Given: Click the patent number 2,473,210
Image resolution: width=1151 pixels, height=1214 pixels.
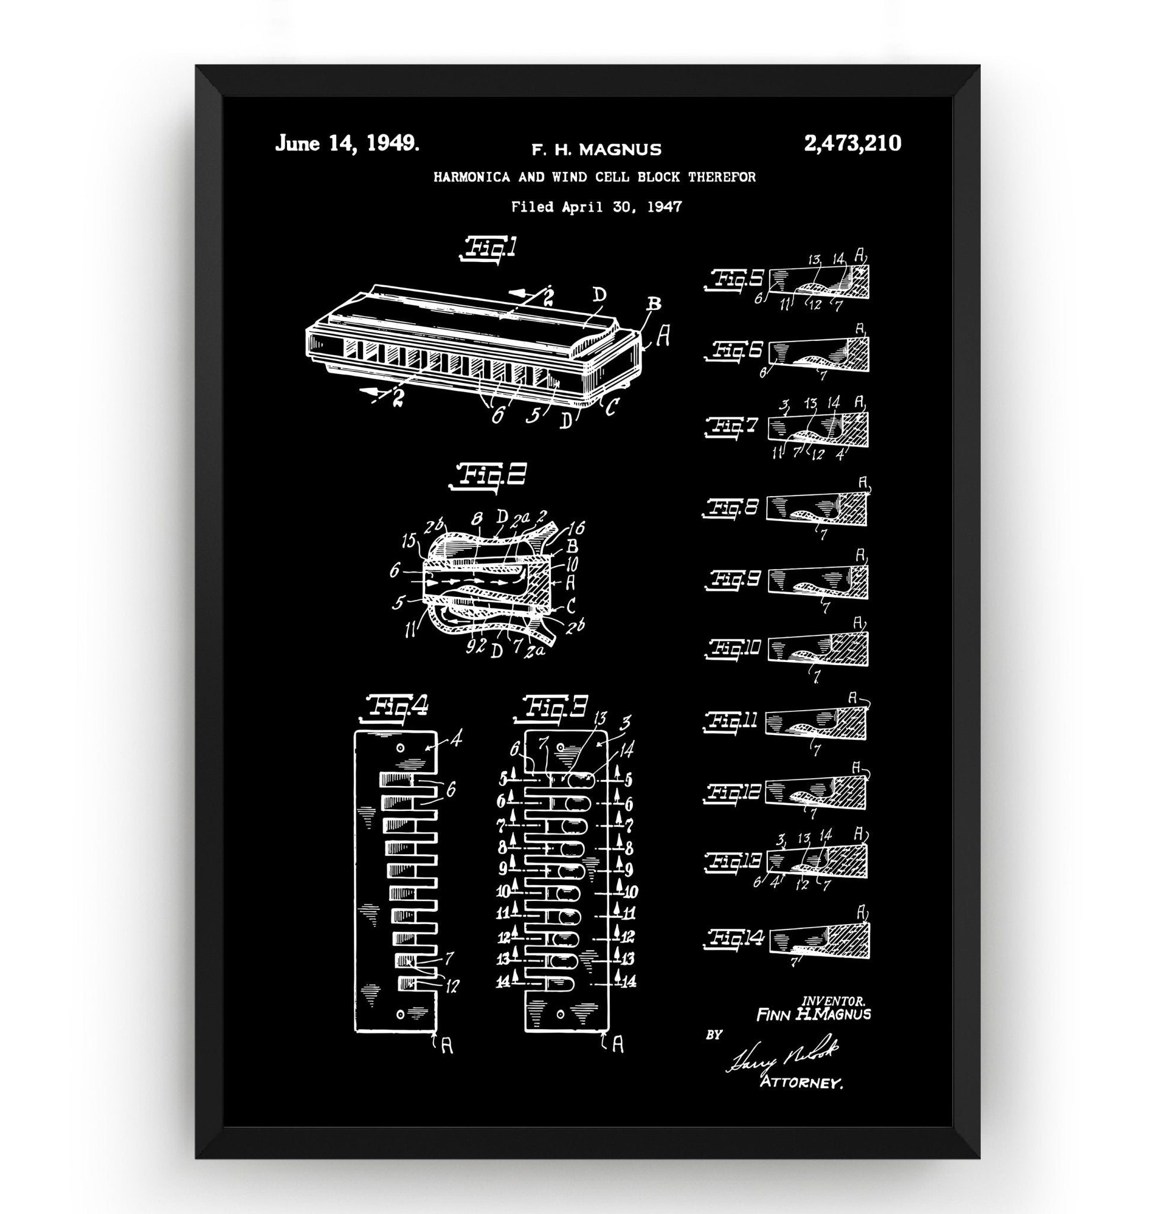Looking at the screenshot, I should [x=852, y=143].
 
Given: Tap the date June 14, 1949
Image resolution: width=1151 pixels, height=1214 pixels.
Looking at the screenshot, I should [x=347, y=143].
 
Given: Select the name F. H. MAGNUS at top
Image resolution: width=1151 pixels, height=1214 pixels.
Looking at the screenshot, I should [x=596, y=149].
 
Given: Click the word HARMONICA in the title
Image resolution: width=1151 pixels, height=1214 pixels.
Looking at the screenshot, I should [x=471, y=177].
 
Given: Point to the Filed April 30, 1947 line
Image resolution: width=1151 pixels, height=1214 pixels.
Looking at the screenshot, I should [x=596, y=207].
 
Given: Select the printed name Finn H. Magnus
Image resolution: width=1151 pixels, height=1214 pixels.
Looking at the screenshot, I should [x=813, y=1014].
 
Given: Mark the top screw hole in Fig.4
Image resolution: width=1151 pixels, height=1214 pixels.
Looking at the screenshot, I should [x=400, y=749].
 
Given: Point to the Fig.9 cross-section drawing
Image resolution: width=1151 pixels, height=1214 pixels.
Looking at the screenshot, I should [x=818, y=579].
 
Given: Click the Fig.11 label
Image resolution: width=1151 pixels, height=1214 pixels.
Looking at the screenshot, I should [x=734, y=720].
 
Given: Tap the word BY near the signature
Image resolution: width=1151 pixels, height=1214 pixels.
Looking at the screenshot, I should [x=714, y=1035].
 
